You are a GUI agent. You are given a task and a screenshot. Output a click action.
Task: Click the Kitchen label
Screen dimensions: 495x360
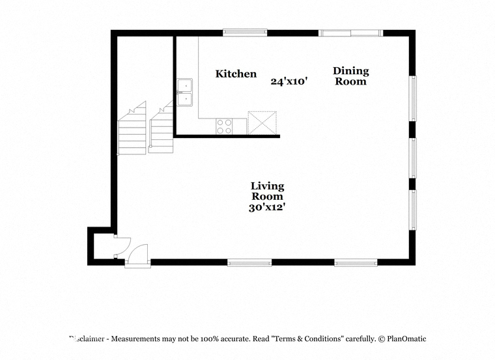[x=236, y=74]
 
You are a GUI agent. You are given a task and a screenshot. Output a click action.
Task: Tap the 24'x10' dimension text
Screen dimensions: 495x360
[x=289, y=81]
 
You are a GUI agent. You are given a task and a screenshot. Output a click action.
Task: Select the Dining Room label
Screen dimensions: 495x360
[x=350, y=76]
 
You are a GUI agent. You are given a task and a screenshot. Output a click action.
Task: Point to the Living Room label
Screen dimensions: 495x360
[x=268, y=191]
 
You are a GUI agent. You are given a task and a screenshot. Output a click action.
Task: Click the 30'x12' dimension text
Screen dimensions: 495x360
[x=267, y=208]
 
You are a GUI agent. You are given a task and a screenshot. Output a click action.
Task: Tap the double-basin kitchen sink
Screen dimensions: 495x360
[x=185, y=92]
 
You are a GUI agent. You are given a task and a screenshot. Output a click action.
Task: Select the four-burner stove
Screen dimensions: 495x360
[x=224, y=126]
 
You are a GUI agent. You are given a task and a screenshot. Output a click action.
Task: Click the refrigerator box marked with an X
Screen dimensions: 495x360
[x=262, y=123]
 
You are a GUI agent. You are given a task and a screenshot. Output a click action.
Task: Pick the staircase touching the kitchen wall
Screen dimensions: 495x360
[x=161, y=127]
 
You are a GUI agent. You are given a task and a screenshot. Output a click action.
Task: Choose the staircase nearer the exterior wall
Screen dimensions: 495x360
[x=132, y=128]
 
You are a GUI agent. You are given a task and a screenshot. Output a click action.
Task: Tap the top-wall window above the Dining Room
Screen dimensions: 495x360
[x=350, y=33]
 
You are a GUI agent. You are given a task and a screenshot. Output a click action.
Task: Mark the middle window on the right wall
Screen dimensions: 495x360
[x=412, y=158]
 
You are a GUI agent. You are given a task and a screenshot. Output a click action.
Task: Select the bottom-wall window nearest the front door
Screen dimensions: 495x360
[x=249, y=262]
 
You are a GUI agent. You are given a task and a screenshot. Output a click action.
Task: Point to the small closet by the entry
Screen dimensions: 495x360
[x=104, y=246]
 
